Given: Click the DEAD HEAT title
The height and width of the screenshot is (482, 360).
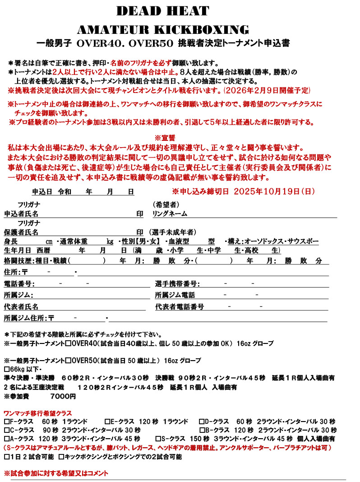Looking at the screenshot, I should click(x=162, y=11).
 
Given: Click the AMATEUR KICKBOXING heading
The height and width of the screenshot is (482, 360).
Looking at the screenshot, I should click(x=163, y=30).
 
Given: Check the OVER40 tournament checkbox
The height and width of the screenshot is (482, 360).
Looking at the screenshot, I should click(x=68, y=343).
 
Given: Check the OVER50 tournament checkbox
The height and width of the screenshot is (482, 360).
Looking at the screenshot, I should click(x=68, y=361).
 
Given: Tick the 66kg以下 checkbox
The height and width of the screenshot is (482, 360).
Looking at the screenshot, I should click(x=6, y=369).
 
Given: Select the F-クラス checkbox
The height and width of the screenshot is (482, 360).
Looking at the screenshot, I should click(x=6, y=421).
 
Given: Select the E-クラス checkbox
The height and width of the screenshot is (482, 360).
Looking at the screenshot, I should click(x=107, y=421).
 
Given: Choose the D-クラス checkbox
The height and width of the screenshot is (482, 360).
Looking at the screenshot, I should click(x=202, y=421).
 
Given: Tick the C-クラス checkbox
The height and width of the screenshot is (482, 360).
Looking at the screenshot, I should click(x=6, y=430).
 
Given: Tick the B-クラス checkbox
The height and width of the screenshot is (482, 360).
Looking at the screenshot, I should click(x=202, y=430).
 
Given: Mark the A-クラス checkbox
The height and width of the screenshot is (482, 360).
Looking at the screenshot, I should click(x=6, y=438).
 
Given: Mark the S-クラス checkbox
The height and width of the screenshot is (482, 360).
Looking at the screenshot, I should click(x=158, y=438).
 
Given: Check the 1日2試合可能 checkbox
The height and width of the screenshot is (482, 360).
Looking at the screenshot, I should click(x=6, y=457).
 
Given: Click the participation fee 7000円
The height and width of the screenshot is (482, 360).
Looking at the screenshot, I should click(x=63, y=396).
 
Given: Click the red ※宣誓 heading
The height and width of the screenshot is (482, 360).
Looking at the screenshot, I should click(x=165, y=138).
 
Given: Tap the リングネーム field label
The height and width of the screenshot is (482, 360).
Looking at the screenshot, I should click(x=170, y=213).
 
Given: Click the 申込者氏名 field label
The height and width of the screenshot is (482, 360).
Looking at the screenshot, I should click(x=21, y=213).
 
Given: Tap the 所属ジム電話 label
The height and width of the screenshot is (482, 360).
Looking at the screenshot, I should click(x=175, y=295).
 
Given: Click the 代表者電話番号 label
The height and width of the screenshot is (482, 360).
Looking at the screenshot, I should click(x=180, y=307).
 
